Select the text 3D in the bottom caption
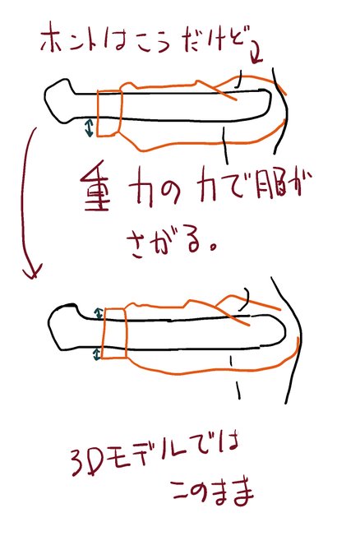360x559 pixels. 85,462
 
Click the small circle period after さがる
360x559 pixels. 214,247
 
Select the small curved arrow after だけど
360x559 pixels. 256,53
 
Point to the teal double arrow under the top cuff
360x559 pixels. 90,127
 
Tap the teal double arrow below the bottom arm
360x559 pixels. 96,354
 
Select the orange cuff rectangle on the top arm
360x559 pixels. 110,113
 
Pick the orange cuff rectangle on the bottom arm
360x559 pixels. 114,333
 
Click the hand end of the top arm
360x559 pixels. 59,101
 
